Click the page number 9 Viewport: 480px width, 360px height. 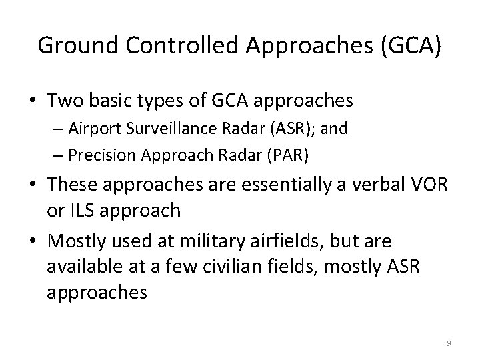click(x=449, y=343)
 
